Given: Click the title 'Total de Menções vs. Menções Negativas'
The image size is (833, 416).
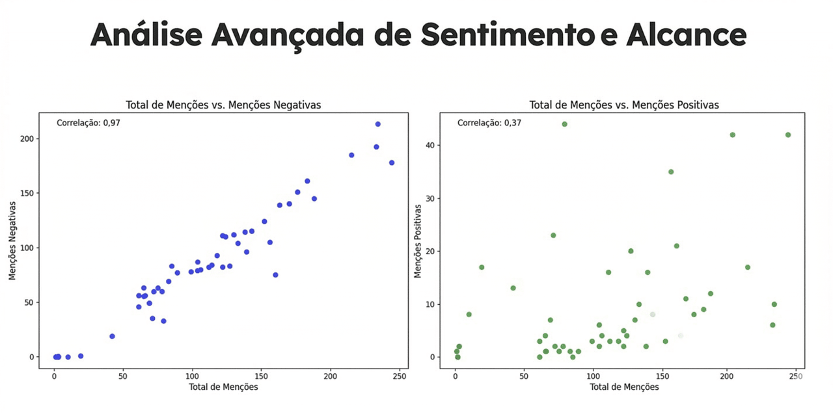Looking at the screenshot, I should pyautogui.click(x=223, y=105).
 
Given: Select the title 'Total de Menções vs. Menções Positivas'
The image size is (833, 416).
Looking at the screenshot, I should pyautogui.click(x=624, y=105).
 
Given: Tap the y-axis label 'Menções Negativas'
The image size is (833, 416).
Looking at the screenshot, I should pyautogui.click(x=12, y=240).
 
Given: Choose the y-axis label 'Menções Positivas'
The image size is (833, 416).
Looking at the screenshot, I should pyautogui.click(x=418, y=240).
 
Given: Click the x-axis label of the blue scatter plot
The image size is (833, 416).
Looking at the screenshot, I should pyautogui.click(x=223, y=387).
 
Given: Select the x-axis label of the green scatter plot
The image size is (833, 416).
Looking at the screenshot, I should pyautogui.click(x=624, y=387).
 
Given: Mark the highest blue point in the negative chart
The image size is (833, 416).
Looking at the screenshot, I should pyautogui.click(x=377, y=124).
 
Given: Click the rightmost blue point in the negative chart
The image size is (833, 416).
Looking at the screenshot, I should pyautogui.click(x=392, y=162).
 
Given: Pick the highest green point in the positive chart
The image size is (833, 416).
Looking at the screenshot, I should pyautogui.click(x=564, y=124).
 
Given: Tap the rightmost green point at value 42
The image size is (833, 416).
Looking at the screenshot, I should pyautogui.click(x=788, y=135).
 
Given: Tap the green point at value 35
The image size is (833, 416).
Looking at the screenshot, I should pyautogui.click(x=671, y=172).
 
